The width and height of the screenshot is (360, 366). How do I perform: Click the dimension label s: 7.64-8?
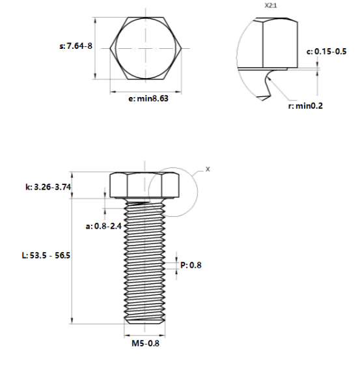click(x=76, y=46)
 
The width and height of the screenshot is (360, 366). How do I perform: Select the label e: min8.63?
click(x=148, y=98)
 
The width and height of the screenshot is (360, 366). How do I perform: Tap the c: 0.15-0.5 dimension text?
click(x=326, y=51)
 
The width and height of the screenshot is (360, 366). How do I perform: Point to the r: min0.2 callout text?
click(x=305, y=106)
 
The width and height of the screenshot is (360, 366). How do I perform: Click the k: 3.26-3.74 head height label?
click(x=48, y=187)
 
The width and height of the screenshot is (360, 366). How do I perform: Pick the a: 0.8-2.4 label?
click(x=104, y=226)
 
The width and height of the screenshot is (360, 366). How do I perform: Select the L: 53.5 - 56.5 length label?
click(x=46, y=255)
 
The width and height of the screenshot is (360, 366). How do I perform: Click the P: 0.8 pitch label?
click(x=191, y=265)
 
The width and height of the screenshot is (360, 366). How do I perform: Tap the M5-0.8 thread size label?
click(x=146, y=343)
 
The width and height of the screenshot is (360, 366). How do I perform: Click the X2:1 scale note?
click(x=271, y=6)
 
